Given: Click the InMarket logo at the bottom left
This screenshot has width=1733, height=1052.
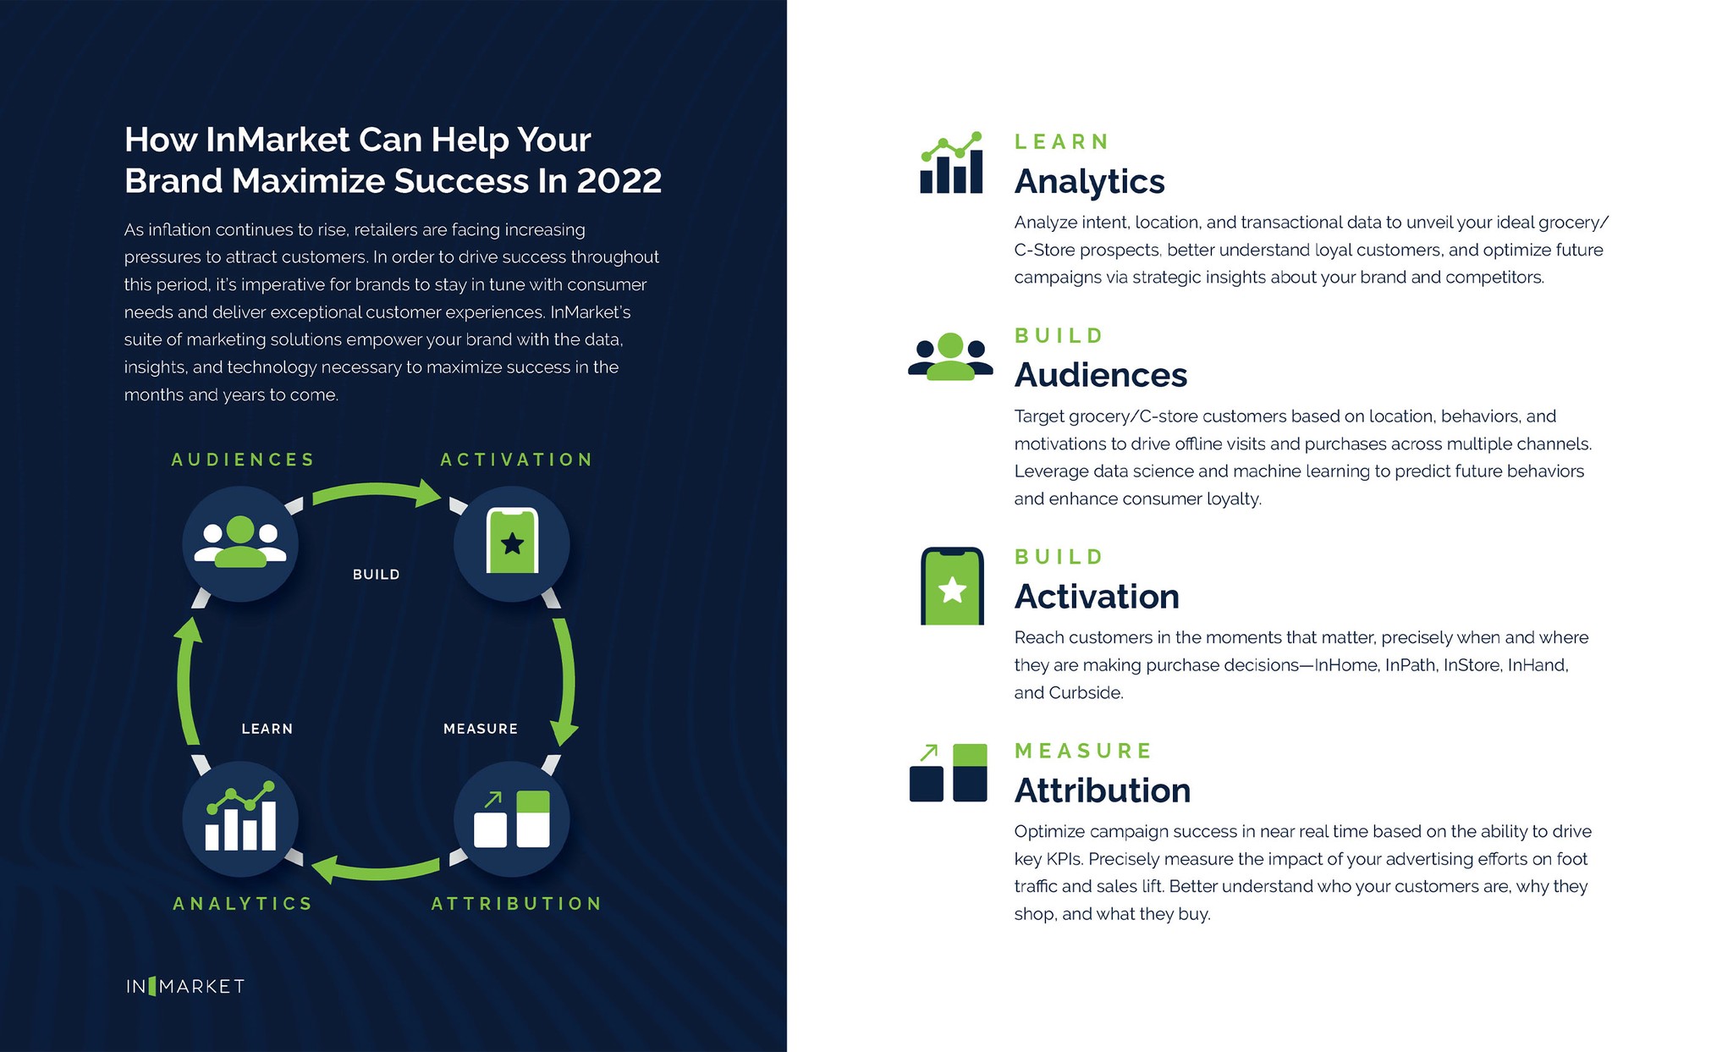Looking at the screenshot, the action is coord(185,986).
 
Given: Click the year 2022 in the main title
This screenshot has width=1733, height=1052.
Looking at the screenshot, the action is coord(619,181).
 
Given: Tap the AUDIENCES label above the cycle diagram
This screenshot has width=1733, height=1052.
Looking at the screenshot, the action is coord(243,460).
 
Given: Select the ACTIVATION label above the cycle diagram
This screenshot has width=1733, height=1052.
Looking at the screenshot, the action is coord(516,460).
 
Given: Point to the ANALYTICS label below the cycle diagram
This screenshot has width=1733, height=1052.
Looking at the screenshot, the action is coord(243,904).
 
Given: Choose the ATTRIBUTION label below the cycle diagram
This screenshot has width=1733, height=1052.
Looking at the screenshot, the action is coord(516,904).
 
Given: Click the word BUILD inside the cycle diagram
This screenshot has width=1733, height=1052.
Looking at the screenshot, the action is coord(376,575).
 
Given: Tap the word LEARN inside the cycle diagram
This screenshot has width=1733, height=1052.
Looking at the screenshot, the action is coord(267,729).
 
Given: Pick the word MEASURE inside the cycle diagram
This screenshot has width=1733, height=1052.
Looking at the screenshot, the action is coord(480,729).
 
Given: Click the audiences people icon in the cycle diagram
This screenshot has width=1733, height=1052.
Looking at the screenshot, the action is coord(240,543).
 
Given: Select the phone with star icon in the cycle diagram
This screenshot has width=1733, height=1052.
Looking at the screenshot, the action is coord(512,543).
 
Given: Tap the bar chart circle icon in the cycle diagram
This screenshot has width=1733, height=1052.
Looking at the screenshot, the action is coord(240,819).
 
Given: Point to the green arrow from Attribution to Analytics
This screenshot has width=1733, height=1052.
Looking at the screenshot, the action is coord(377,869).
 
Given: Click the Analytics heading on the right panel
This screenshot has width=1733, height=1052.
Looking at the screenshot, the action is coord(1089,182).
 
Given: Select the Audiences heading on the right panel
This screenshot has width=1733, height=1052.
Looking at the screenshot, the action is coord(1100,376).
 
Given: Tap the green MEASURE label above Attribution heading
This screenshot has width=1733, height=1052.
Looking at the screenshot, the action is coord(1083,751).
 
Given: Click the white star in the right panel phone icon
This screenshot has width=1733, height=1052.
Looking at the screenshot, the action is coord(952,590).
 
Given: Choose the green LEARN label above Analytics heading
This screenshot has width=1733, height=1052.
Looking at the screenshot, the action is coord(1061,141).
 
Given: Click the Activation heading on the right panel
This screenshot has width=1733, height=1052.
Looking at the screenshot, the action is coord(1096,597).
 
